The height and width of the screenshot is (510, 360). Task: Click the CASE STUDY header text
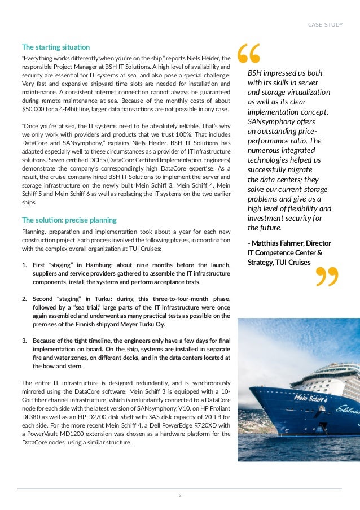click(x=324, y=24)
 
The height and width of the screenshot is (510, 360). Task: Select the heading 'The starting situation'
click(x=55, y=47)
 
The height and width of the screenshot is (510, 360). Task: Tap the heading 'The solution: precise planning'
click(x=69, y=220)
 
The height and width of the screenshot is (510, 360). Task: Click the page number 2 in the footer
click(x=179, y=495)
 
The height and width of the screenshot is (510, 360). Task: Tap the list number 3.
click(x=24, y=341)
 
